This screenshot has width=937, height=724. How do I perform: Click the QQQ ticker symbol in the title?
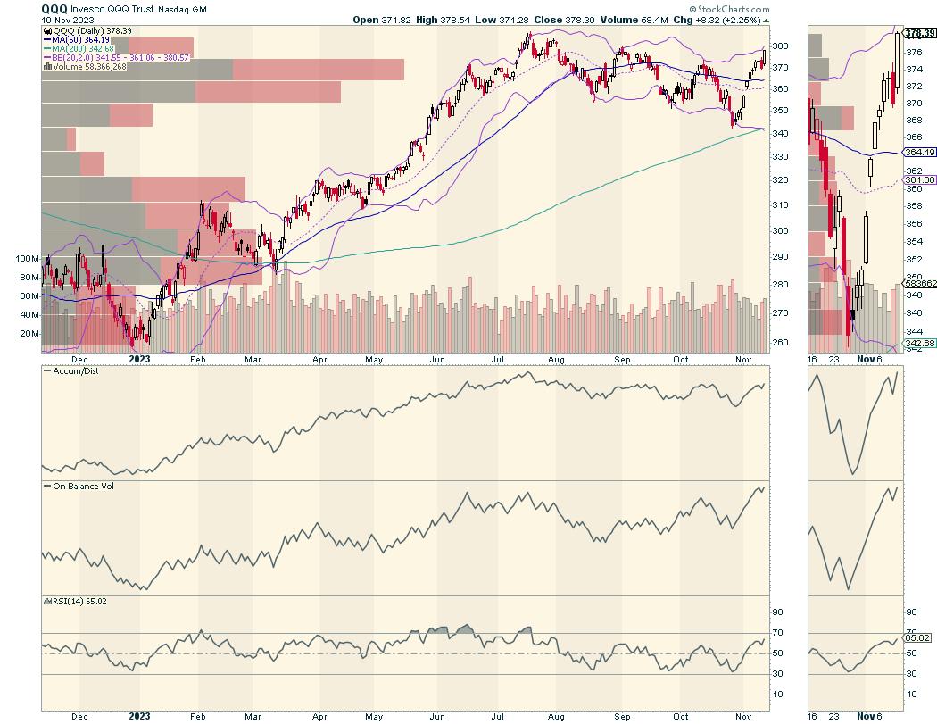[x=54, y=8]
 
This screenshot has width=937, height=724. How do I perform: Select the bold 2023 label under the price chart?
[x=138, y=364]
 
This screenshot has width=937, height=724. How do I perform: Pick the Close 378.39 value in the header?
[x=616, y=19]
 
